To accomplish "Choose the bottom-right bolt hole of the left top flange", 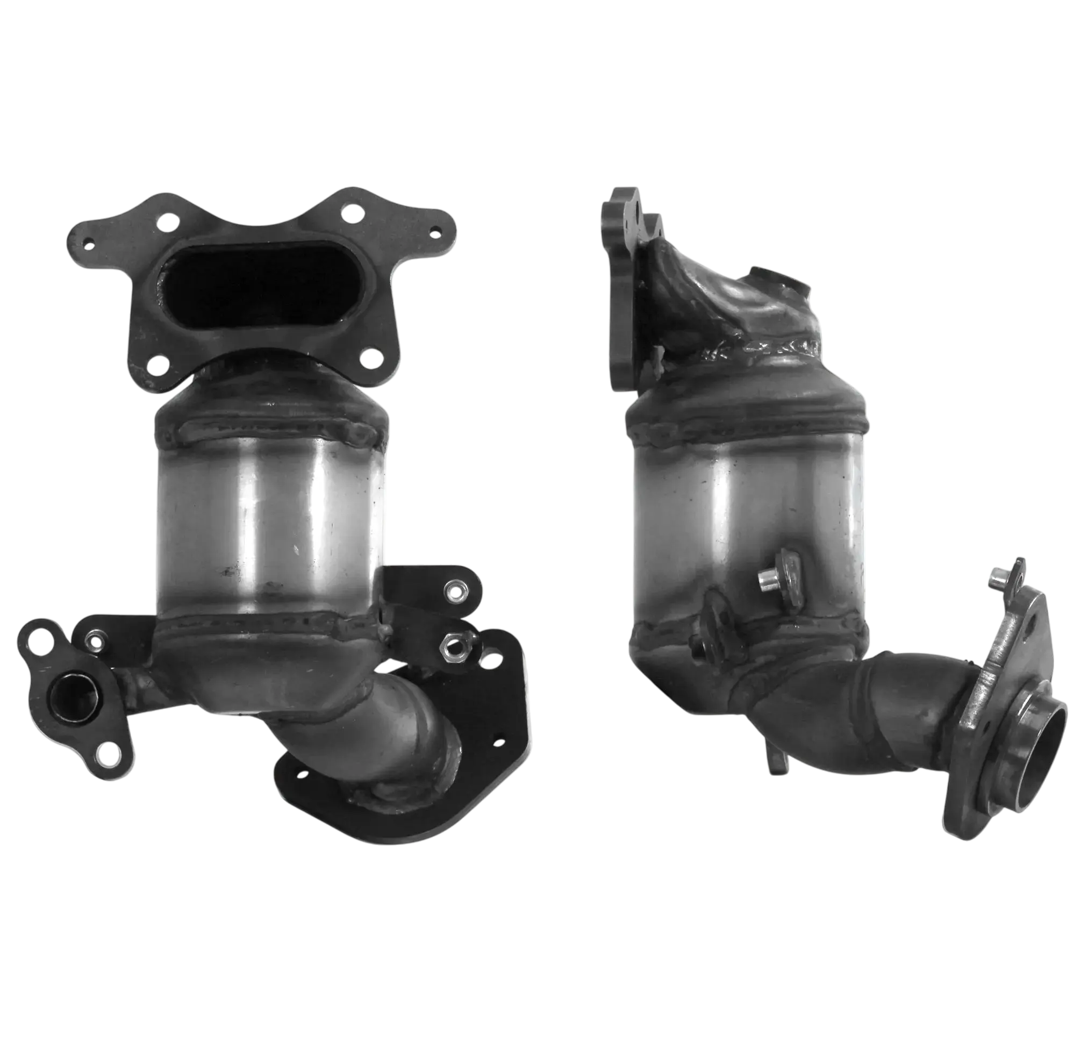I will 368,357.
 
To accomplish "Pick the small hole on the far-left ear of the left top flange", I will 87,242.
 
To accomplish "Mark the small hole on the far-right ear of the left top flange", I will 435,232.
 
